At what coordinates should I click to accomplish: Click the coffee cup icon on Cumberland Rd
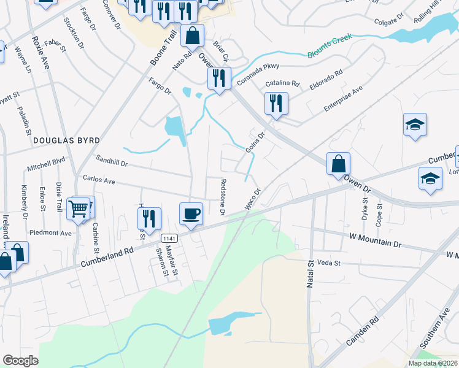point(191,214)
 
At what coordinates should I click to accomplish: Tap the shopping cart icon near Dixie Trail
point(79,209)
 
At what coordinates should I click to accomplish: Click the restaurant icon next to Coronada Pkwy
point(218,78)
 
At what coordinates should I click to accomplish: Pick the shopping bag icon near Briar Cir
point(193,36)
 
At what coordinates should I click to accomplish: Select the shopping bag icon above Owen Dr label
point(338,164)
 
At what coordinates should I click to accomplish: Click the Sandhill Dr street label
point(111,164)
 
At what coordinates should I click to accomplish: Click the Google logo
point(20,361)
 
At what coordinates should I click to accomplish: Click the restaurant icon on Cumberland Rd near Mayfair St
point(149,219)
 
